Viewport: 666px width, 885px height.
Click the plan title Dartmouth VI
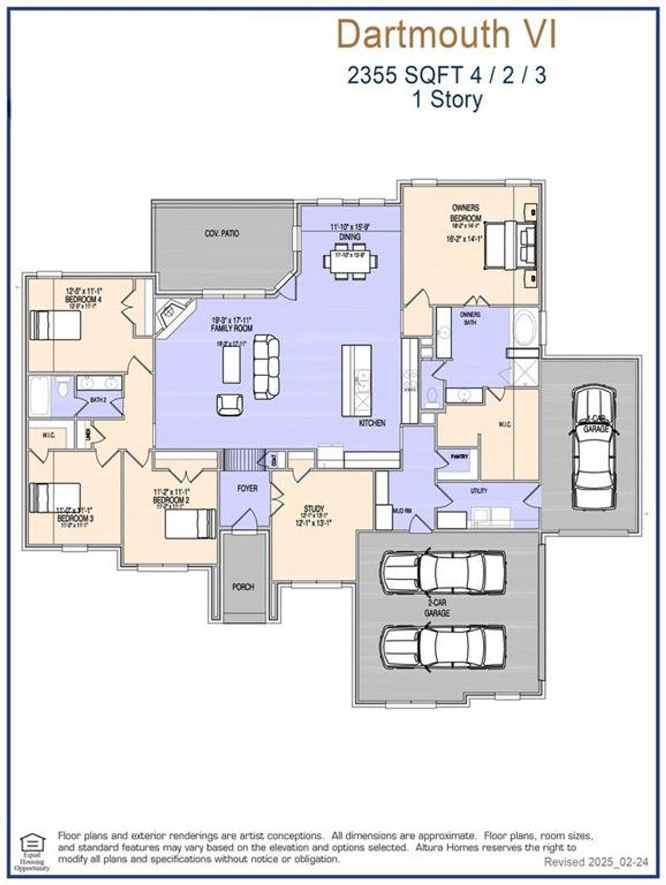click(x=446, y=34)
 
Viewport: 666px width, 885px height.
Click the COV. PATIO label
click(x=222, y=234)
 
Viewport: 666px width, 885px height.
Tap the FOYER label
click(x=247, y=489)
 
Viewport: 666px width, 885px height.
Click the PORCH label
click(x=243, y=587)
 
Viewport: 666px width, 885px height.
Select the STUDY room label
click(x=314, y=508)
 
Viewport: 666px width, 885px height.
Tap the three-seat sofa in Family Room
click(x=266, y=367)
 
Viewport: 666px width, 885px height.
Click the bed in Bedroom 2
click(x=190, y=523)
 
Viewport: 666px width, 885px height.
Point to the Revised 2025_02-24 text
click(x=596, y=862)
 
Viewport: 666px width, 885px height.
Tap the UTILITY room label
click(x=479, y=491)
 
